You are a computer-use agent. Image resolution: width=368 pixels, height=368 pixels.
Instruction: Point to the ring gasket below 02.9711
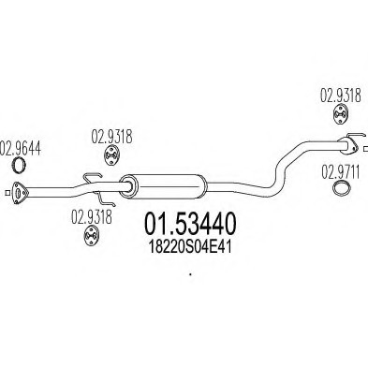pos(344,192)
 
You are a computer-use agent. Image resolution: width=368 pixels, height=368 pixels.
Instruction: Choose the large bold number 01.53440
pos(189,222)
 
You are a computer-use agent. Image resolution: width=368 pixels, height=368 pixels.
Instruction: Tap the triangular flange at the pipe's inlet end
pos(16,194)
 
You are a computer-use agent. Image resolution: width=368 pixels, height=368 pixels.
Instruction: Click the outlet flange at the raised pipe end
pos(353,144)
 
